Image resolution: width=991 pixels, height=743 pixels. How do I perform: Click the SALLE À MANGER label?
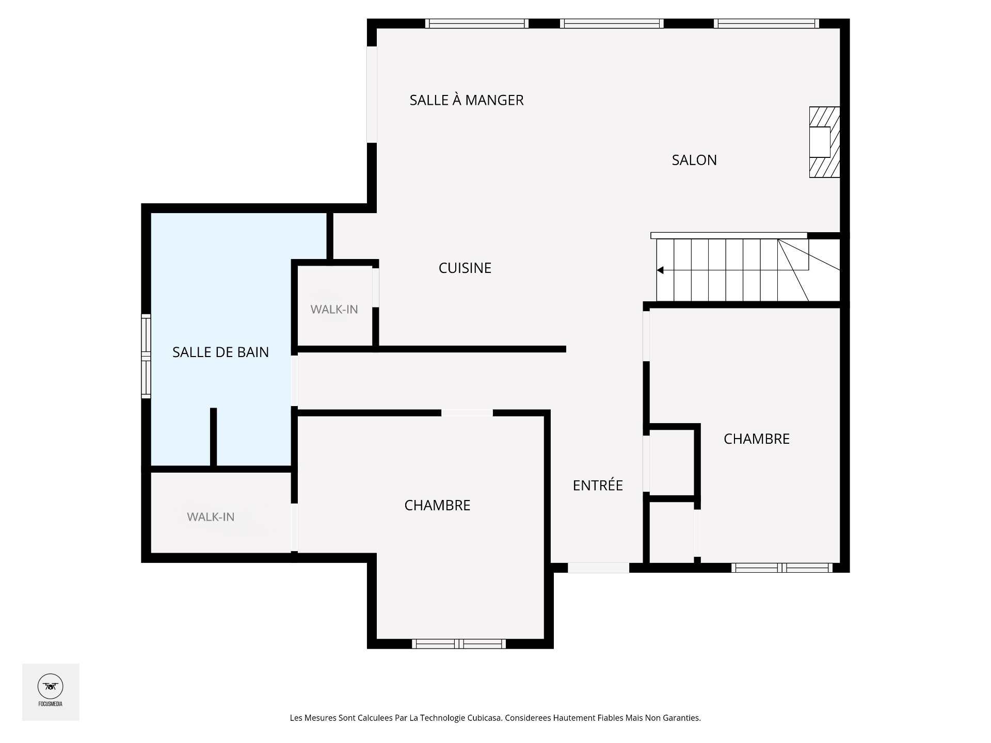tap(466, 100)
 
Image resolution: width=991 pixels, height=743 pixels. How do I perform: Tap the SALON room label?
tap(694, 160)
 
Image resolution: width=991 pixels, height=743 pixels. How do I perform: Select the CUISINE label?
tap(465, 268)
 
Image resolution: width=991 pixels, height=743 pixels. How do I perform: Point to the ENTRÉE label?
tap(598, 485)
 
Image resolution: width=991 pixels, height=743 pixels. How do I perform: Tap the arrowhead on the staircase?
tap(660, 270)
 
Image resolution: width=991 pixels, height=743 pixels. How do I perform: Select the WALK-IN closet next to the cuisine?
tap(334, 309)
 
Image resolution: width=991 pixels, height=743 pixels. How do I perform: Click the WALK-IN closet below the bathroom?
tap(211, 516)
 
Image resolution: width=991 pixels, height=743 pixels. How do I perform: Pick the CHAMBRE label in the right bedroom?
tap(756, 439)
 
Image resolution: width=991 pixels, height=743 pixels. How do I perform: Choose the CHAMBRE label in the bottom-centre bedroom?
tap(437, 505)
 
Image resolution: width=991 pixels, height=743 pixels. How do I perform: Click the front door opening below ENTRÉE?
tap(598, 568)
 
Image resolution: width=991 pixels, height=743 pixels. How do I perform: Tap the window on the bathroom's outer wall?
tap(147, 356)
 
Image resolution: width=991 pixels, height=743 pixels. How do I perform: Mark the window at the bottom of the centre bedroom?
tap(458, 643)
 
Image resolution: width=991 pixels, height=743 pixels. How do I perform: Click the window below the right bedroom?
tap(781, 568)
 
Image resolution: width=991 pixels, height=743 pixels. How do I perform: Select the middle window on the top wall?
tap(612, 23)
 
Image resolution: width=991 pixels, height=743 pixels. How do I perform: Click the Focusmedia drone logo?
tap(51, 687)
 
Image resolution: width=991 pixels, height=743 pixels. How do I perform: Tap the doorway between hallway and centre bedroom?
tap(467, 413)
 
